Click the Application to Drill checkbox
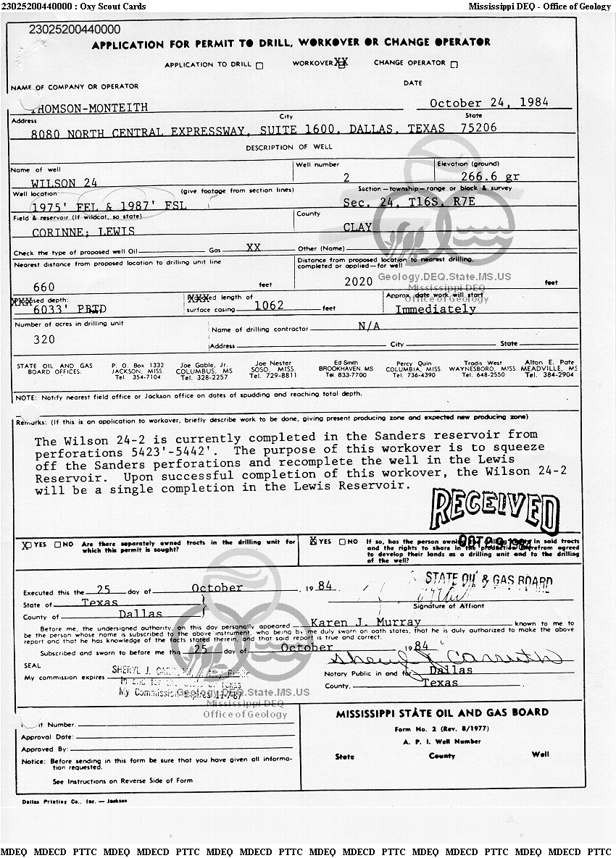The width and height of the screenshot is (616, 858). [x=260, y=65]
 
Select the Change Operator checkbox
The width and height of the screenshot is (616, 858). [x=454, y=64]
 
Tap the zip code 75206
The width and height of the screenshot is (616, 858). [x=478, y=127]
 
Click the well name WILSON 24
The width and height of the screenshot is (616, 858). [x=64, y=183]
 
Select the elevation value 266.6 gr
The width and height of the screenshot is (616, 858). [x=490, y=177]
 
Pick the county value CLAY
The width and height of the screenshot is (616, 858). [x=357, y=227]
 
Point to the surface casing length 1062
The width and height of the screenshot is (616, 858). [x=269, y=306]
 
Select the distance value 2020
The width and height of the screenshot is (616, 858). [x=359, y=281]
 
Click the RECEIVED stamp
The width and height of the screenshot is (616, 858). [x=494, y=510]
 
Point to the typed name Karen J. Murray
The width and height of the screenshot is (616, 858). [x=365, y=622]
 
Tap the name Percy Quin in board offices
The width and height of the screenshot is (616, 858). [x=414, y=363]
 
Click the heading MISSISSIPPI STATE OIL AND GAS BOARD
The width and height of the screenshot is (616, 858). [x=442, y=713]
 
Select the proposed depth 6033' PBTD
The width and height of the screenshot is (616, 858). [x=60, y=309]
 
